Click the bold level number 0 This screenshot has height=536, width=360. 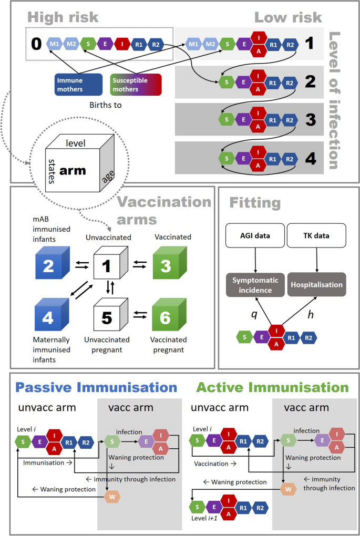36,44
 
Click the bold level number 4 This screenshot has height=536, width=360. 310,158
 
